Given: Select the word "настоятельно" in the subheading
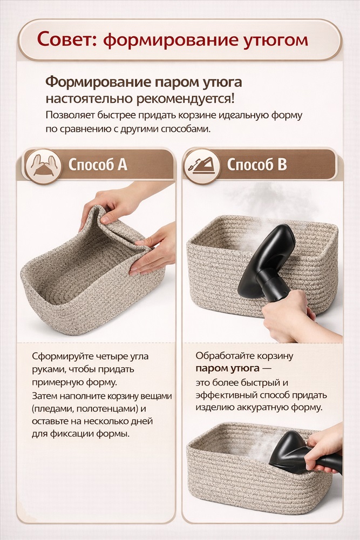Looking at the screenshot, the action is (x=89, y=99).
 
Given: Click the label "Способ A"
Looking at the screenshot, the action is (x=98, y=165).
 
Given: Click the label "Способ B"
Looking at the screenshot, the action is (x=257, y=165).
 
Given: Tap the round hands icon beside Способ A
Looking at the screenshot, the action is (x=43, y=167).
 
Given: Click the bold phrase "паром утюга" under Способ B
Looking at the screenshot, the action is (x=227, y=368).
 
